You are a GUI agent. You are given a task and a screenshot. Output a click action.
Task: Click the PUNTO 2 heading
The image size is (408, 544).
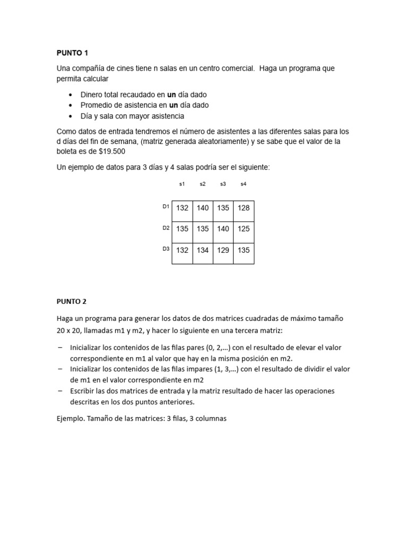tap(71, 301)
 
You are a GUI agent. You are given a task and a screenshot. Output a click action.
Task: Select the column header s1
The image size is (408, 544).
tap(182, 184)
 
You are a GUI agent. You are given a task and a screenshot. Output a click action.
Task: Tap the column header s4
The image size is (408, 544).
tap(243, 184)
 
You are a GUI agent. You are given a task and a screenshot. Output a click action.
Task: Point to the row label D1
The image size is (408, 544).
tap(166, 207)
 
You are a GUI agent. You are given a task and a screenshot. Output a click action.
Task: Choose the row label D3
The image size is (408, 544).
tap(166, 249)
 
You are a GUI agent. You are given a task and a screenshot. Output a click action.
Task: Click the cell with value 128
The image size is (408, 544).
tap(244, 208)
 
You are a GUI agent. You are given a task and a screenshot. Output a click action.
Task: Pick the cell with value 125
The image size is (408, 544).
tap(244, 229)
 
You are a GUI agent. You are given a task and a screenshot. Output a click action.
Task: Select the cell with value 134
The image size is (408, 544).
tap(202, 250)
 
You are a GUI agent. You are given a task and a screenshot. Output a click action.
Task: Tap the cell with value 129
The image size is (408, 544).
tap(223, 250)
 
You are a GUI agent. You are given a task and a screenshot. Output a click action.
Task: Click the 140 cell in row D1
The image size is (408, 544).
tap(202, 208)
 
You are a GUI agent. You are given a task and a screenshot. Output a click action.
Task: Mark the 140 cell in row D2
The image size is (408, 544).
tap(223, 229)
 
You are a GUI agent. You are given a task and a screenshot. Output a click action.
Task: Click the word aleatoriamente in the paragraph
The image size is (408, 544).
tap(205, 141)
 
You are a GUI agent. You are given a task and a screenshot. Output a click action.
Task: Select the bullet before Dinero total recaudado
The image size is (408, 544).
tap(71, 95)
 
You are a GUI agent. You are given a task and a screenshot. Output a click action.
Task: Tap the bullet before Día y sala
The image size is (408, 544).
tap(71, 116)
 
